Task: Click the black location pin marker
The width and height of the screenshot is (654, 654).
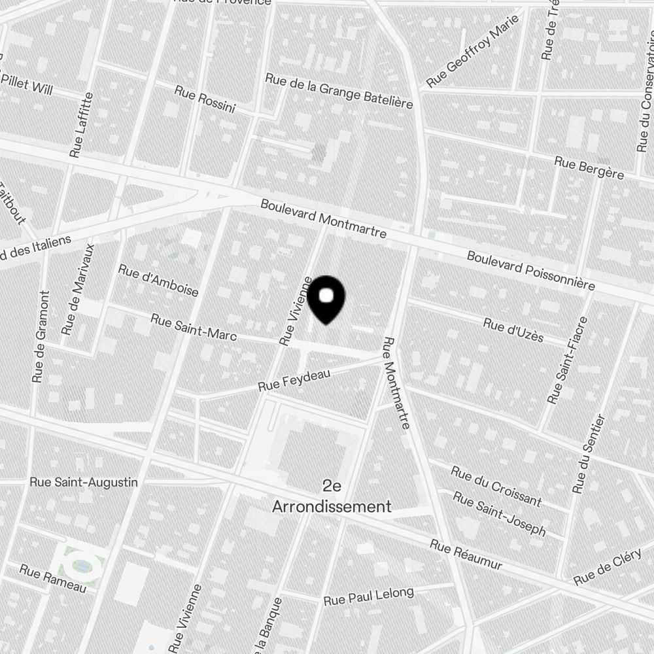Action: point(326,299)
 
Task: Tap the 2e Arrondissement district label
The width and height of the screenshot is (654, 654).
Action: point(332,496)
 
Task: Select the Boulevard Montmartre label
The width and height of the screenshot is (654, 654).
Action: point(323,218)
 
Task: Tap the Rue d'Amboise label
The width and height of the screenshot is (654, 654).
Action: point(158,280)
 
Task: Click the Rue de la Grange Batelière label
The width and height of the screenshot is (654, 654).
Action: point(339,91)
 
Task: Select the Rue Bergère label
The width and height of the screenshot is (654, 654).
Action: point(589,167)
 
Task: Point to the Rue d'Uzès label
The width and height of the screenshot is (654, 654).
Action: point(513,329)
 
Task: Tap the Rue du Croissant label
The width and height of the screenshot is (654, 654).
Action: point(496,486)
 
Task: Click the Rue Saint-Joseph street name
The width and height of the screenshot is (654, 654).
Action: point(499,513)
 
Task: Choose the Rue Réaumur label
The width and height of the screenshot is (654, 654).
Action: point(466,555)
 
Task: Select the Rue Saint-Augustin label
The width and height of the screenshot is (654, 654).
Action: point(84,482)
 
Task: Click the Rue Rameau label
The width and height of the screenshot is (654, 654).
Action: point(52,578)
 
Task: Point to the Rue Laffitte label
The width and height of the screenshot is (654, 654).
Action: point(81,124)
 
